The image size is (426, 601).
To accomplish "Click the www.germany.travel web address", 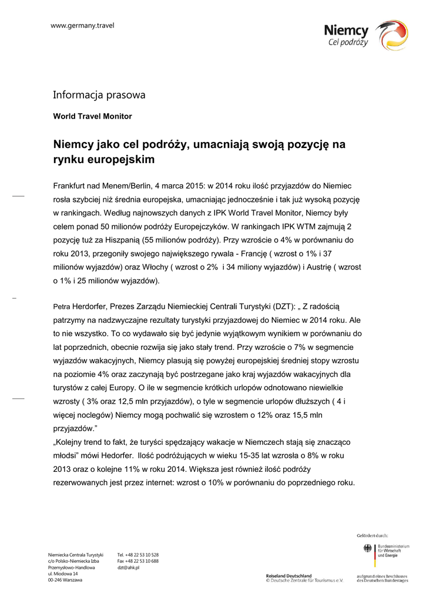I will click(x=82, y=25).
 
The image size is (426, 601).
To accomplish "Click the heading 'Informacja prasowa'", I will click(x=99, y=94).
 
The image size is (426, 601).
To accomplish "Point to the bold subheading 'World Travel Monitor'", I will click(x=92, y=116).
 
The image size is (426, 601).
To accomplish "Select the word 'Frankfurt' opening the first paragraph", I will click(x=72, y=186).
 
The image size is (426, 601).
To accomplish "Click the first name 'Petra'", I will click(x=61, y=307).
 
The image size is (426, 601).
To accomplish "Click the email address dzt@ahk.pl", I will click(x=128, y=568).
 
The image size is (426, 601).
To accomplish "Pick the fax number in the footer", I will click(x=138, y=562).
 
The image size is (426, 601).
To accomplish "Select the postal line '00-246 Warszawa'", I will click(x=65, y=580).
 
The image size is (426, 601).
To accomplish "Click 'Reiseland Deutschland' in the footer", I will click(x=289, y=576).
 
